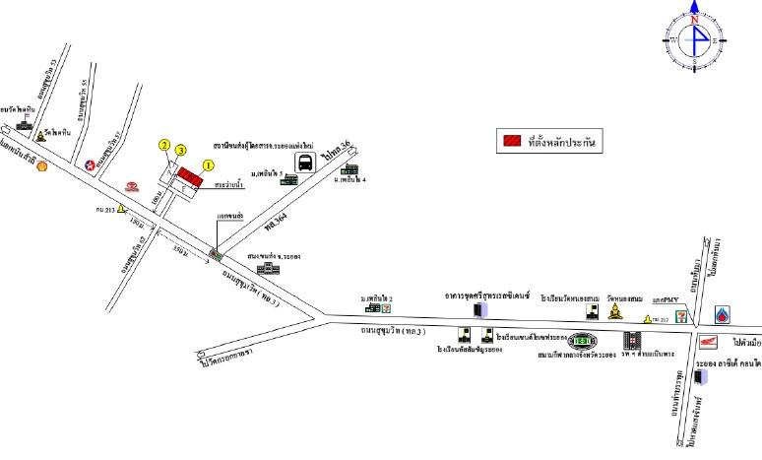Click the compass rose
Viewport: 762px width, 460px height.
point(695,38)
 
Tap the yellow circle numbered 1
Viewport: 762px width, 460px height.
point(208,164)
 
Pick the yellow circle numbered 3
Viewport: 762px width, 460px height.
point(181,150)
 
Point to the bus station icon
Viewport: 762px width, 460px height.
point(306,163)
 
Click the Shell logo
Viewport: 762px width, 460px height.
point(41,165)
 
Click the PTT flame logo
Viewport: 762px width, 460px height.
point(726,315)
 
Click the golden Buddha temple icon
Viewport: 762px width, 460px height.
point(616,312)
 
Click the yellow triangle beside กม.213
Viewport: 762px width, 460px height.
point(121,209)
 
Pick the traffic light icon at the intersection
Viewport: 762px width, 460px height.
point(214,253)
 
